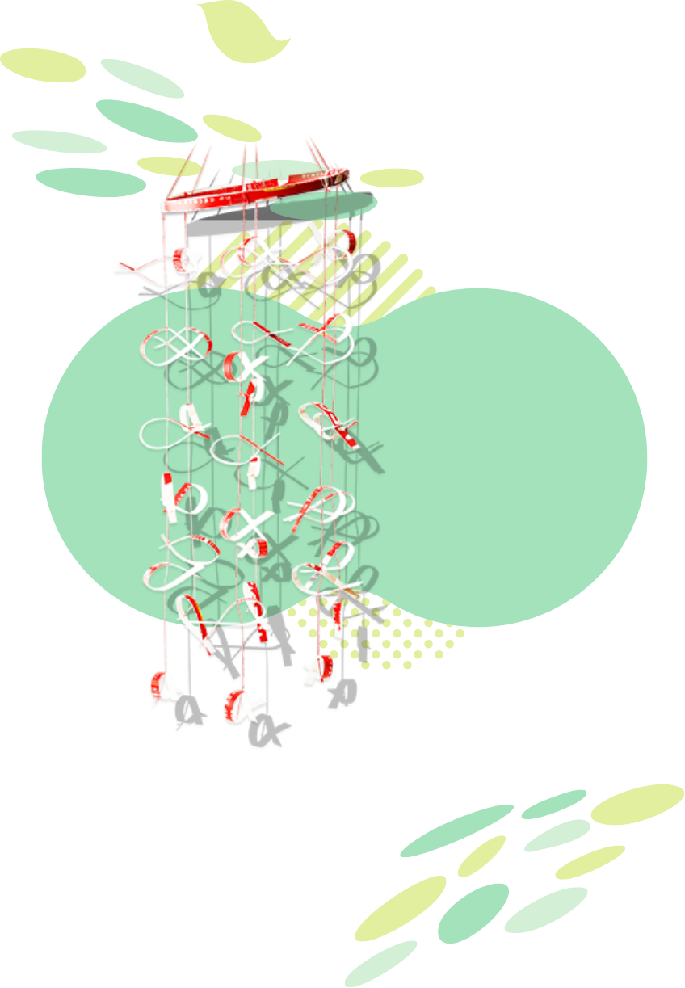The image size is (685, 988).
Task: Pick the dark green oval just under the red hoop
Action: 323,205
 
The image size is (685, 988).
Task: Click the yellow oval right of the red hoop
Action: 392,178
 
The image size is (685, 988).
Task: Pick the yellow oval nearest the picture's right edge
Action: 637,804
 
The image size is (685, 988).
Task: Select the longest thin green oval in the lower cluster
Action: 456,830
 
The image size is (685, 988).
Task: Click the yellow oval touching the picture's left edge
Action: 42,65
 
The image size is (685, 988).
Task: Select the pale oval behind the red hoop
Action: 275,169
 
